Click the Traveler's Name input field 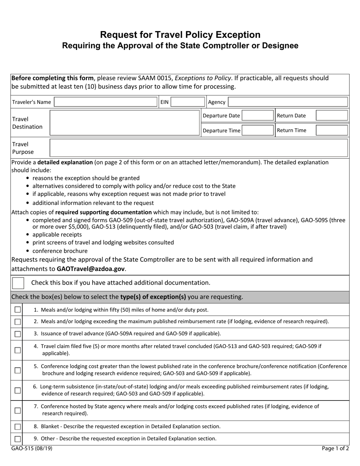[106, 102]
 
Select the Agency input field [288, 102]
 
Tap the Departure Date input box [257, 116]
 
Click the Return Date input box [332, 116]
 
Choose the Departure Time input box [257, 130]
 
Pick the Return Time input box [332, 130]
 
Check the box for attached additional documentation [18, 283]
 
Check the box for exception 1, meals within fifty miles [17, 310]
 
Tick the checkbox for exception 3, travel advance [17, 334]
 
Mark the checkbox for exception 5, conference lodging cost [17, 370]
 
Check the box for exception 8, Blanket [17, 427]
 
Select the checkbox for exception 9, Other [17, 439]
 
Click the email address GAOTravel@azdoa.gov [91, 269]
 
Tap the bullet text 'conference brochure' [60, 251]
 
